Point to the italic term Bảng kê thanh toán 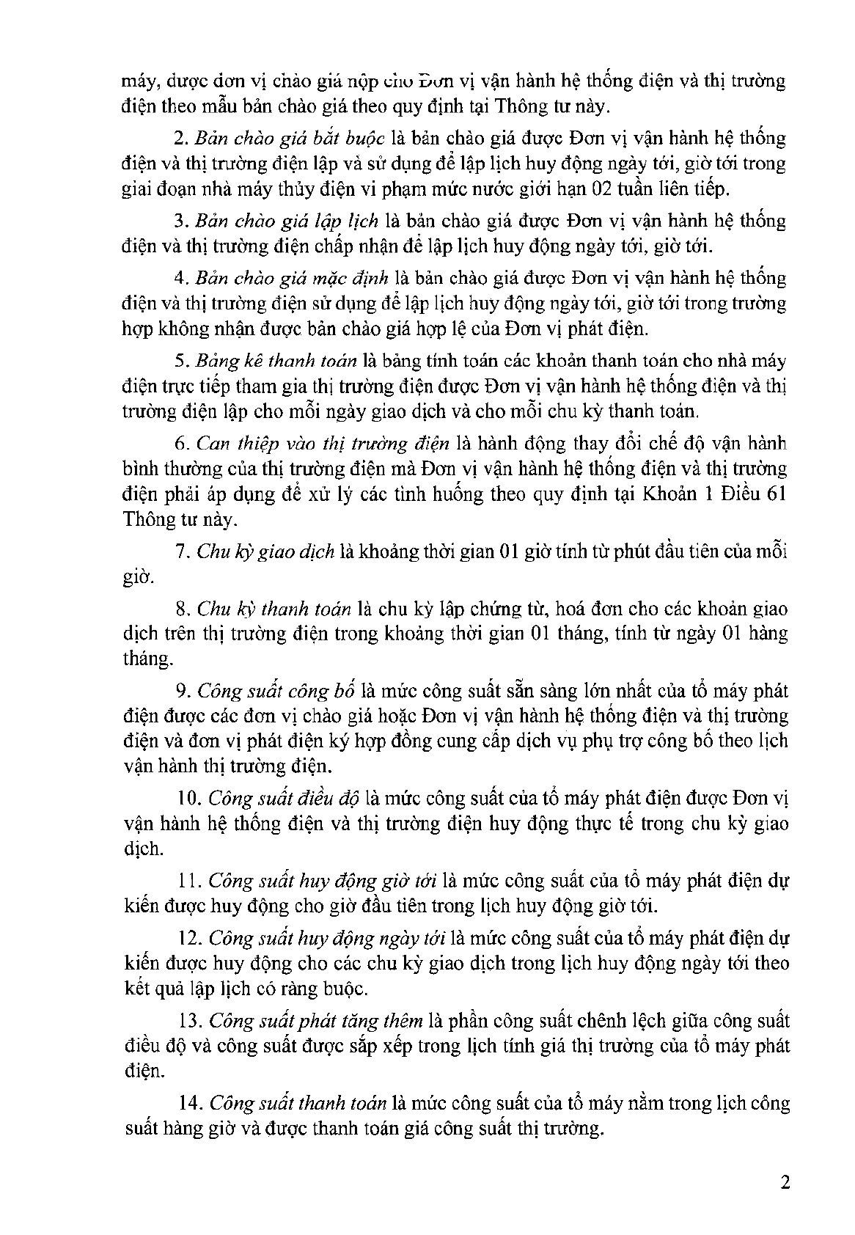(276, 361)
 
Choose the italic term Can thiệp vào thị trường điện (323, 444)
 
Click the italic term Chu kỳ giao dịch (265, 551)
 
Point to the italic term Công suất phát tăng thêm (315, 1021)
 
